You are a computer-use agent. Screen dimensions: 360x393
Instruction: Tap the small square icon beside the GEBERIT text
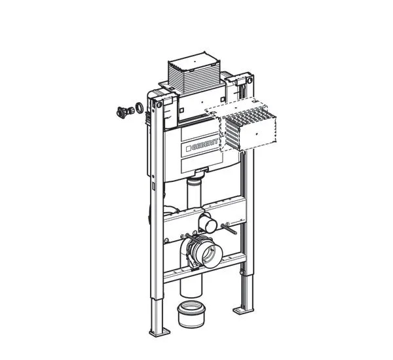coord(191,148)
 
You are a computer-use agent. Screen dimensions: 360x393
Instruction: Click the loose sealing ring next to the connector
coord(139,107)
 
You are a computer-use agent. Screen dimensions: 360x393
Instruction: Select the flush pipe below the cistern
coord(193,194)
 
